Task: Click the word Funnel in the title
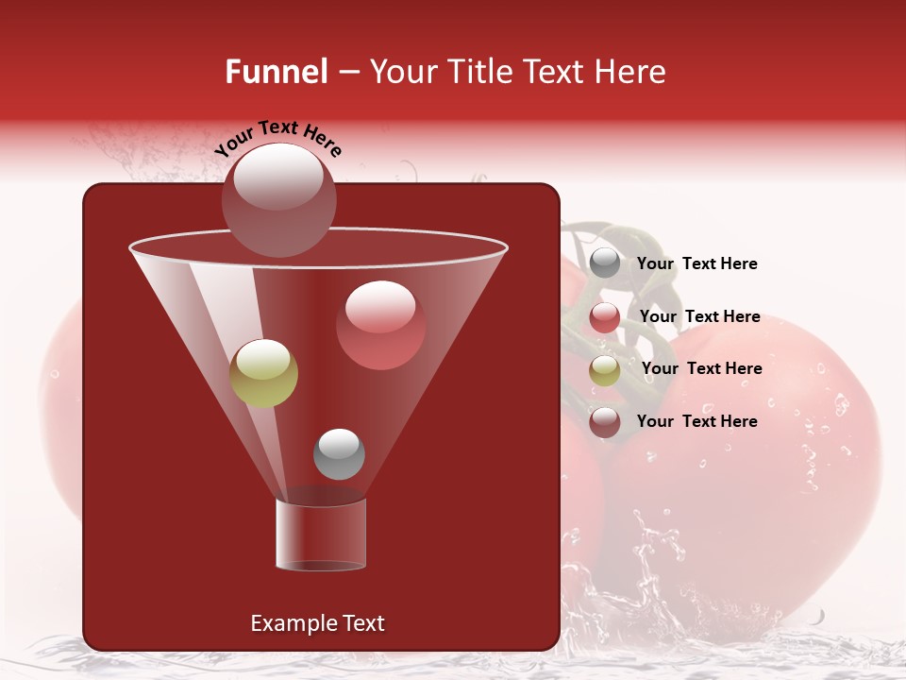point(276,72)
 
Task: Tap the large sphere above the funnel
point(279,199)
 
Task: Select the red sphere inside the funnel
point(380,325)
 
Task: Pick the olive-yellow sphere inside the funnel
point(263,373)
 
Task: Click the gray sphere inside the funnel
point(339,453)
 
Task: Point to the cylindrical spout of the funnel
point(320,534)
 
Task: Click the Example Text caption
point(317,623)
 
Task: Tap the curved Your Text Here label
point(277,138)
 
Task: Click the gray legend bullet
point(605,263)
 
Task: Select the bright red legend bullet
point(605,317)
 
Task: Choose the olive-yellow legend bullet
point(605,370)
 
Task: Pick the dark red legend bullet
point(605,422)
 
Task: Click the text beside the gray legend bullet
point(696,264)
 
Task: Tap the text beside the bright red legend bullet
point(699,317)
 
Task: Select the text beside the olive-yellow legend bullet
point(701,369)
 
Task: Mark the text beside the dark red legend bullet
point(696,421)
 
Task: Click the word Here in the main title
point(631,72)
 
